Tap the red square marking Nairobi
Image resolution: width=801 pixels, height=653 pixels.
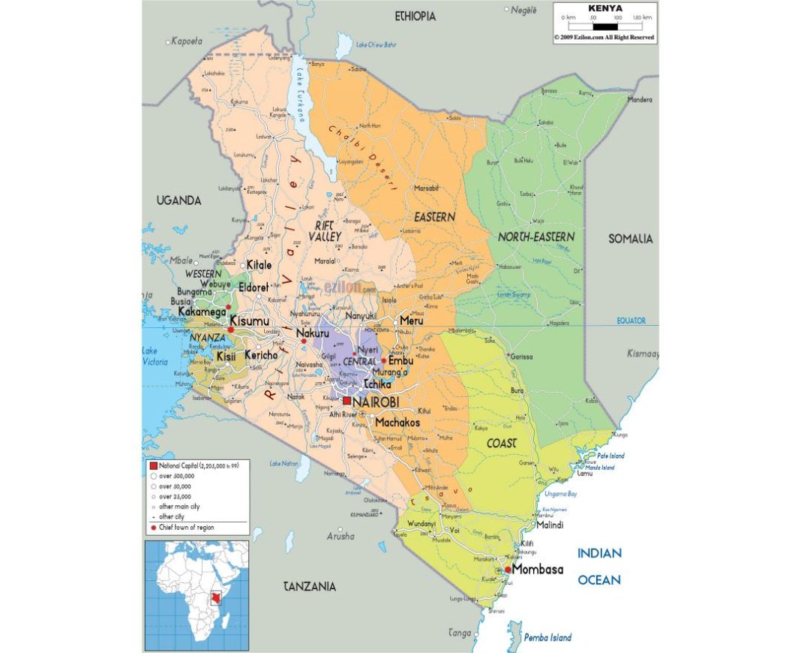coord(346,402)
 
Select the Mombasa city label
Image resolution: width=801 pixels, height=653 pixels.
coord(537,570)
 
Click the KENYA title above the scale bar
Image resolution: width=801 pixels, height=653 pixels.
coord(605,8)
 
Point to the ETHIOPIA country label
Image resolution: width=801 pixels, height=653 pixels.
coord(415,16)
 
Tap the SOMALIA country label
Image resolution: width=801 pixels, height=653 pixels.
coord(630,239)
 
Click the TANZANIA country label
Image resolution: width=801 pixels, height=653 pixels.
coord(310,586)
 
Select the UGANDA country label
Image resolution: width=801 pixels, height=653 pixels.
coord(178,200)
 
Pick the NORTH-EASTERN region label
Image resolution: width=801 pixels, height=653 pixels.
coord(536,237)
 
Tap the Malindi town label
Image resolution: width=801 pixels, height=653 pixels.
coord(549,525)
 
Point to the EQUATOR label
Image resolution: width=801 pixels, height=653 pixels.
coord(631,320)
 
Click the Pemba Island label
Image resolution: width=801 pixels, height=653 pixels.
coord(547,637)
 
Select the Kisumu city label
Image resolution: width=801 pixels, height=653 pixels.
coord(249,321)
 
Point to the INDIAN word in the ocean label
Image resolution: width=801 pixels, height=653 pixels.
coord(598,554)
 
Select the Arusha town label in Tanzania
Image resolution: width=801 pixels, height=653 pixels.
coord(340,536)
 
